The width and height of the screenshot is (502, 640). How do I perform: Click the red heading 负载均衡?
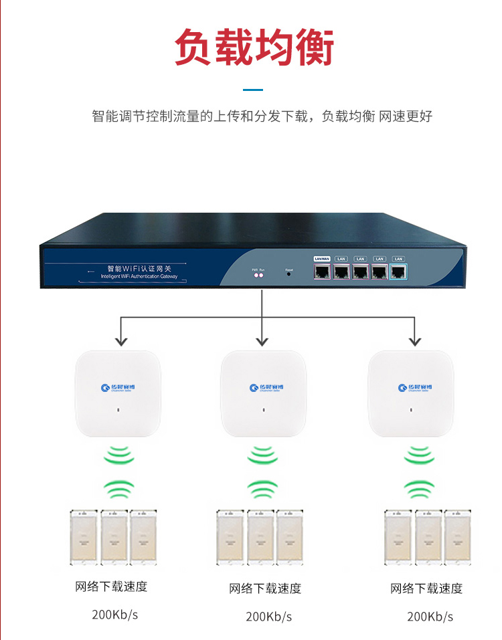[x=254, y=47]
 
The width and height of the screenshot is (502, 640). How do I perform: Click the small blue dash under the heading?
[x=252, y=89]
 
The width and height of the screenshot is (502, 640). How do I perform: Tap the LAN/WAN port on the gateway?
[x=322, y=270]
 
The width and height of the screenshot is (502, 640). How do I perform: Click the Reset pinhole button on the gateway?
[x=289, y=274]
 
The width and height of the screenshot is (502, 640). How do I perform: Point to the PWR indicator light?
[x=254, y=275]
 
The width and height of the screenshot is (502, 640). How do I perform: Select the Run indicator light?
[x=262, y=275]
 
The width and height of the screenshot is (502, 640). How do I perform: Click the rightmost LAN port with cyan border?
[x=398, y=270]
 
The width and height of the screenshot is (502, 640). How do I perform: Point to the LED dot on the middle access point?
[x=262, y=409]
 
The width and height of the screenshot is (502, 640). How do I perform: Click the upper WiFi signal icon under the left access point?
[x=118, y=455]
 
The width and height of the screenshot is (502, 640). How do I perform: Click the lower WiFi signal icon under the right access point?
[x=419, y=489]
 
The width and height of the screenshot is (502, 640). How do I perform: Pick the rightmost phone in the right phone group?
[x=459, y=537]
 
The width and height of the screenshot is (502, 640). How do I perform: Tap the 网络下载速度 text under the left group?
[x=111, y=587]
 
